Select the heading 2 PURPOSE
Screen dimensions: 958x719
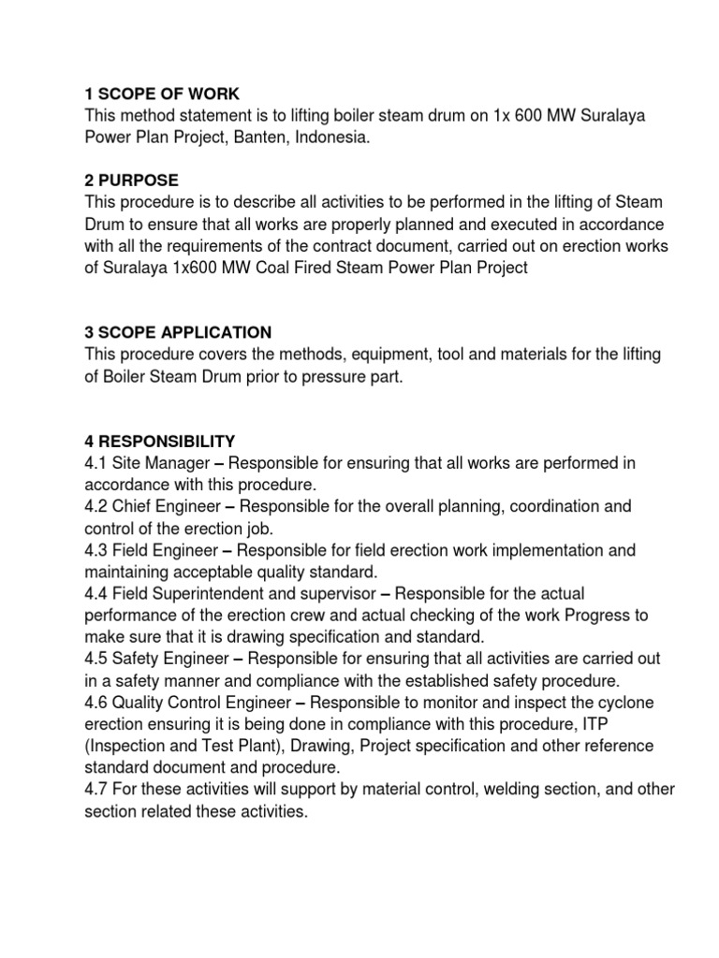point(131,180)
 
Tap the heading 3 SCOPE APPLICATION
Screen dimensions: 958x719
point(178,332)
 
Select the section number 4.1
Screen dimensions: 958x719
point(95,462)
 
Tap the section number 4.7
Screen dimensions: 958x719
point(95,790)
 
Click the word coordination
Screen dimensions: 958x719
point(554,506)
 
